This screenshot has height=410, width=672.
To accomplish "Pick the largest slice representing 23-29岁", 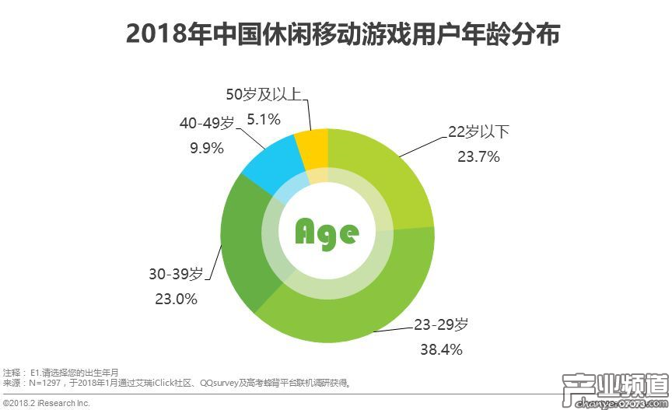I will pos(350,311).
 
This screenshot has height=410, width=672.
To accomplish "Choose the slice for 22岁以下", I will pos(389,179).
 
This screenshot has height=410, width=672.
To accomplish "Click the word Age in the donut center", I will pos(327,231).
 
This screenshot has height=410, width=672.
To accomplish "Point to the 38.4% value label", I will pos(441,349).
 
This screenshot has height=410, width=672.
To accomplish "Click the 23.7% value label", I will pos(478,156).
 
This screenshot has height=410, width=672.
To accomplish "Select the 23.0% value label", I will pos(176,299).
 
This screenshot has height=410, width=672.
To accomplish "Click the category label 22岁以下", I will pos(478,131).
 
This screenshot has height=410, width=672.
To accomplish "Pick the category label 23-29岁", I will pos(441,324).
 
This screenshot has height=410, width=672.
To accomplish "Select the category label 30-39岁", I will pos(176,274).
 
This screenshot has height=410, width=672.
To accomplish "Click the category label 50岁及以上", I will pos(263,94).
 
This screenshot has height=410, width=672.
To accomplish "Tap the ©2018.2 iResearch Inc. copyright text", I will pos(47,403).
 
